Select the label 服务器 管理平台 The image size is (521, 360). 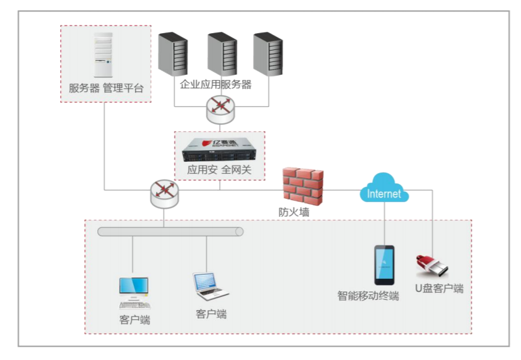[106, 88]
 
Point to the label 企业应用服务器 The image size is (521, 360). [216, 84]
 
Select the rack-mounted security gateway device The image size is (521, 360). [219, 150]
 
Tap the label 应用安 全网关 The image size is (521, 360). [219, 170]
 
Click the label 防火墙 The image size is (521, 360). [294, 212]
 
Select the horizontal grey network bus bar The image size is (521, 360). [171, 231]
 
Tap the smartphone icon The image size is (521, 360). [384, 265]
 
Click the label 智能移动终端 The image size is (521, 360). [368, 296]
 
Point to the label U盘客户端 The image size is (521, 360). [439, 288]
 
